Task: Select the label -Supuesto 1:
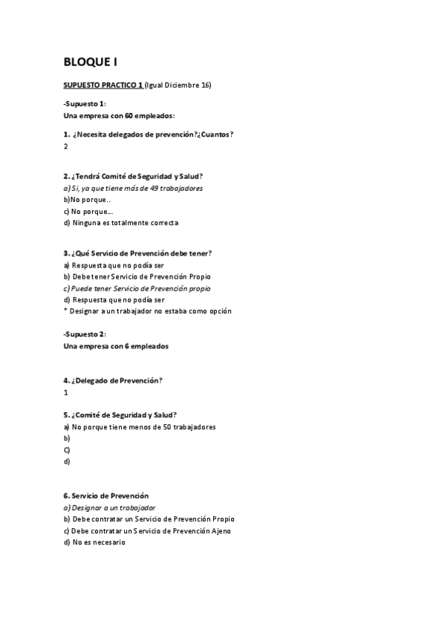pos(85,104)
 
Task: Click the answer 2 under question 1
pos(66,146)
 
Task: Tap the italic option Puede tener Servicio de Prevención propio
pos(137,288)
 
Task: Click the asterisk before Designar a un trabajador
pos(66,311)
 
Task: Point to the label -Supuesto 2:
pos(85,334)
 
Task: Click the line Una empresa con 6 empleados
pos(116,346)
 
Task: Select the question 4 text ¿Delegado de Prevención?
pos(113,380)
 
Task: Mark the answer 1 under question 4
pos(66,392)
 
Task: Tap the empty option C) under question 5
pos(67,450)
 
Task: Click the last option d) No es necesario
pos(94,542)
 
